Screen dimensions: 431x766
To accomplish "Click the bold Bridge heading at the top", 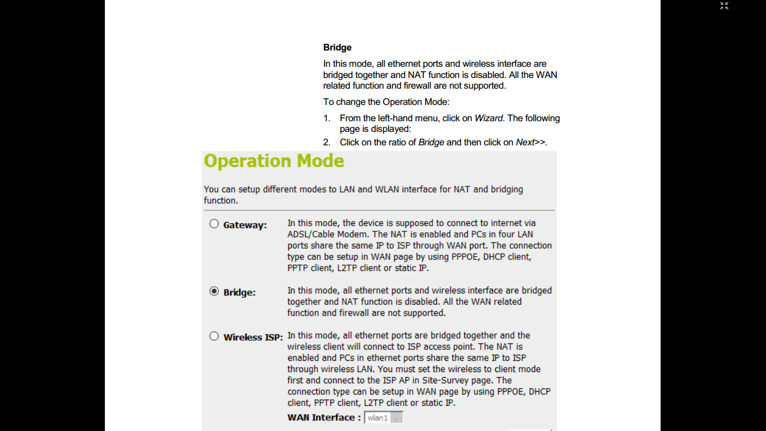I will click(x=337, y=48).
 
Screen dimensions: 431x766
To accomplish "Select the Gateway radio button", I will click(x=214, y=224).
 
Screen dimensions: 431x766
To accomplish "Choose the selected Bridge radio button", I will click(x=214, y=291).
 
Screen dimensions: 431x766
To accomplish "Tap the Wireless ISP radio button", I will click(x=214, y=336).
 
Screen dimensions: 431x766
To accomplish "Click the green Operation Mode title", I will click(x=274, y=161).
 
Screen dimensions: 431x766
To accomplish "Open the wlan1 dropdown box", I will click(x=384, y=418).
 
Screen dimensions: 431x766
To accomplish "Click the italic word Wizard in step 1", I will click(x=489, y=118).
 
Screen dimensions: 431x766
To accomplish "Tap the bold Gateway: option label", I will click(x=245, y=225).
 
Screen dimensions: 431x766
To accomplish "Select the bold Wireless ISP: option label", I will click(x=253, y=337).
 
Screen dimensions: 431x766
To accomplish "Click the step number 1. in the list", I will click(x=327, y=118).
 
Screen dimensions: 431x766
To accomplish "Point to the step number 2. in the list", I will click(x=327, y=143).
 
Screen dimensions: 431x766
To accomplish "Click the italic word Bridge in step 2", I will click(x=431, y=143).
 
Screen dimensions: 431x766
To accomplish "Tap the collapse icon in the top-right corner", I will click(x=725, y=6).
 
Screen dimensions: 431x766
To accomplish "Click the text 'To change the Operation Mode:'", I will click(x=386, y=102).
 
